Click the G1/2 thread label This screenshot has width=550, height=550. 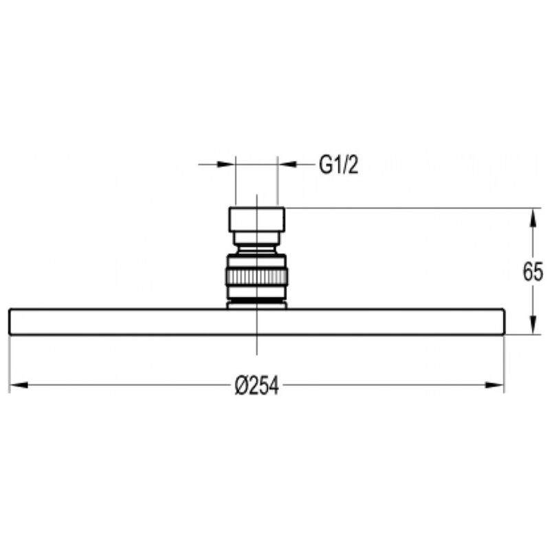338,165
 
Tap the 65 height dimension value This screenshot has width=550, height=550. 533,272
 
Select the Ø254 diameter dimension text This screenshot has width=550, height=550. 256,386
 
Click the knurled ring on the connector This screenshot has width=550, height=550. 256,276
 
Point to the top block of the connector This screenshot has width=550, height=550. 256,219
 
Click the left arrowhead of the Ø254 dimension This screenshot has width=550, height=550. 19,385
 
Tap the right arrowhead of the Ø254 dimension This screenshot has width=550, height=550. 494,385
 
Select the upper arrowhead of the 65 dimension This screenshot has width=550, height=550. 533,217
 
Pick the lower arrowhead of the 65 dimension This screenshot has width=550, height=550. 533,325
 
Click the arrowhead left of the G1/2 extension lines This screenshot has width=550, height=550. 226,164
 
